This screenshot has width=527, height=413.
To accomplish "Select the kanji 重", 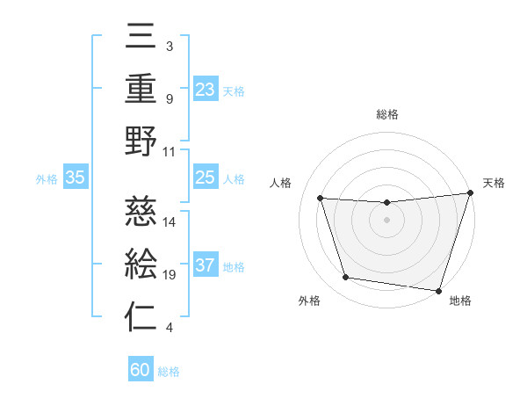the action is [x=141, y=88].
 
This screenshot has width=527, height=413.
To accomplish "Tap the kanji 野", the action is [x=141, y=142].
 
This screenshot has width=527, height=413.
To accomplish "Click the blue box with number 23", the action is [x=205, y=90].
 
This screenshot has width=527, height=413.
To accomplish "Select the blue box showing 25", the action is [x=205, y=178].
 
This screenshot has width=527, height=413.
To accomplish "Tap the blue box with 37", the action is [x=205, y=266].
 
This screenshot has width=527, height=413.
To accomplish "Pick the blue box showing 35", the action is [x=75, y=178].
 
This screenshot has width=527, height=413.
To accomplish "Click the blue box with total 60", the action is [x=141, y=371].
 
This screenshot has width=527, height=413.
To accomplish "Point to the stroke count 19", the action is [x=170, y=275].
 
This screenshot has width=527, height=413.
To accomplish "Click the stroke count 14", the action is [x=170, y=221].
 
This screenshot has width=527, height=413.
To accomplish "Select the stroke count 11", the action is [x=170, y=151].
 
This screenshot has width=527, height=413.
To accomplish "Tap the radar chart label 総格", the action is [x=386, y=114].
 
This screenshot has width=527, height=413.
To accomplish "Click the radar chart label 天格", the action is [x=495, y=183].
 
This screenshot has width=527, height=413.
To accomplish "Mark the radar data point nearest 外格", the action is [x=346, y=278].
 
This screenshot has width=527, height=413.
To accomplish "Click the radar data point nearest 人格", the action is [x=321, y=199].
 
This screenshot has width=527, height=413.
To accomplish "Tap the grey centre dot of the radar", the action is [x=386, y=220].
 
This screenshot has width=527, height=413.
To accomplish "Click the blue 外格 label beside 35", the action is [x=47, y=179].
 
